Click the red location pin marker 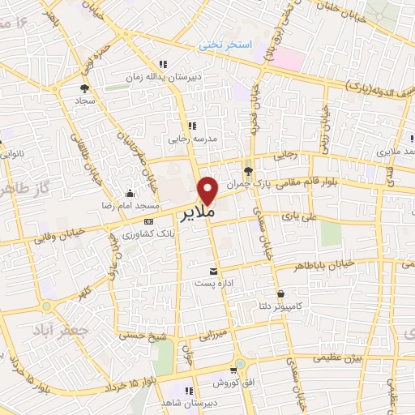coord(208,189)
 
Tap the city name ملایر coord(195,210)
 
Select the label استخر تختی coord(227,45)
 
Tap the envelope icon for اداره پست coord(213,271)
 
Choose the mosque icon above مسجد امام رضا coord(130,193)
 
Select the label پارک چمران coord(248,185)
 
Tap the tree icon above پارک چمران coord(248,171)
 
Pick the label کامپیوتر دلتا coord(280,307)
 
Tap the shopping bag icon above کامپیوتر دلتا coord(280,293)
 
